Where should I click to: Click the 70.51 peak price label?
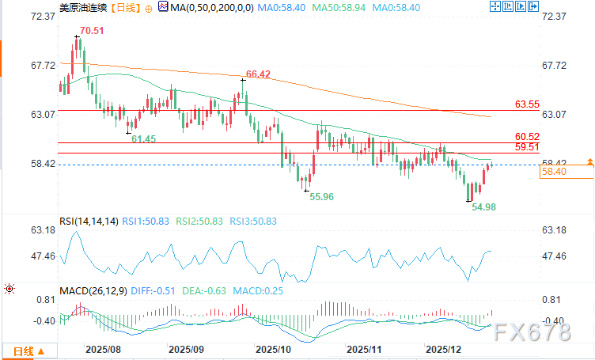point(89,31)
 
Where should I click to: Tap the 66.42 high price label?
point(260,74)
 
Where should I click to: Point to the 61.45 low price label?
point(144,138)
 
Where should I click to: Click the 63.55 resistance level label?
point(527,104)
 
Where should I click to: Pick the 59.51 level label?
point(527,147)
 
